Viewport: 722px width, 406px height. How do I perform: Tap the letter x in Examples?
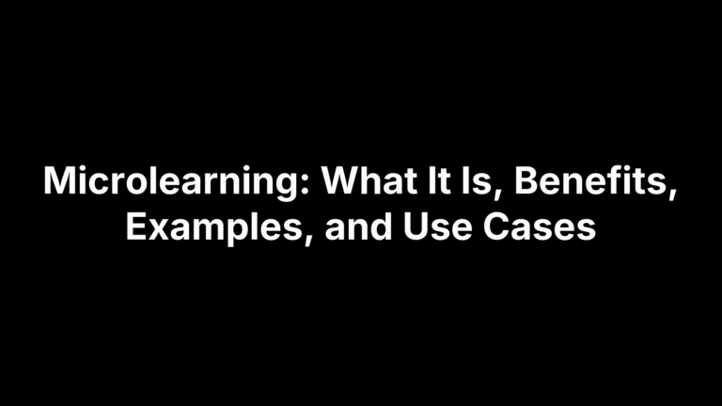(x=160, y=230)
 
